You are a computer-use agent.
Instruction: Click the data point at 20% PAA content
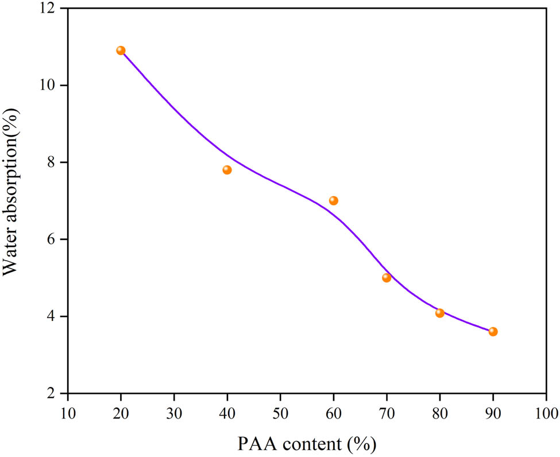[x=121, y=51]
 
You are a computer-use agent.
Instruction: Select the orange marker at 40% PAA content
[x=227, y=170]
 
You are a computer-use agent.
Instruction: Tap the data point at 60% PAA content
[x=333, y=200]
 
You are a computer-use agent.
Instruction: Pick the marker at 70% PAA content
[x=387, y=278]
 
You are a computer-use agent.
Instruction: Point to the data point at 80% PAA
[x=440, y=313]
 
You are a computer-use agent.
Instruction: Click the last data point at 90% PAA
[x=493, y=331]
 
